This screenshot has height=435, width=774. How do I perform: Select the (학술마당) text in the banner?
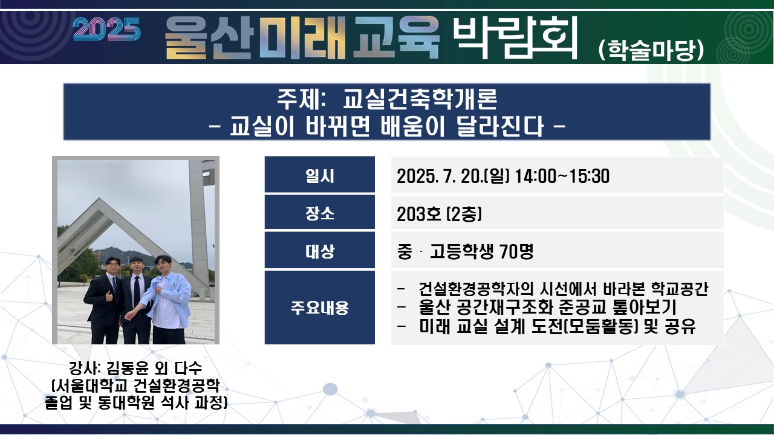click(651, 50)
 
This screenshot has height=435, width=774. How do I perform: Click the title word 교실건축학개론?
click(420, 99)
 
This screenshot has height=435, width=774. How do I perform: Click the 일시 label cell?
click(320, 175)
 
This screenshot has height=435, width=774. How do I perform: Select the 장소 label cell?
click(320, 212)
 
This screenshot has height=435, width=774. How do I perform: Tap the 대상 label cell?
click(320, 250)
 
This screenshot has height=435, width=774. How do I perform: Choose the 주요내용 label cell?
click(320, 308)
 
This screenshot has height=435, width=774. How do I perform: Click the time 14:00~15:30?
click(562, 176)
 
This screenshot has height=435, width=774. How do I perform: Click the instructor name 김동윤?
click(128, 369)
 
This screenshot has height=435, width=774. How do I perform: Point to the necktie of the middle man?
click(137, 291)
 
